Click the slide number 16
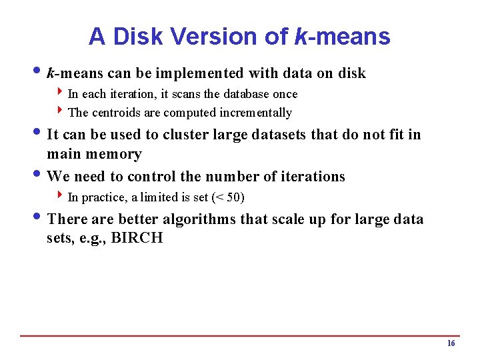[x=451, y=343]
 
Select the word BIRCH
[x=137, y=238]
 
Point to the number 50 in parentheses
[x=233, y=197]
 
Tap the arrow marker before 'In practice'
[x=61, y=196]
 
